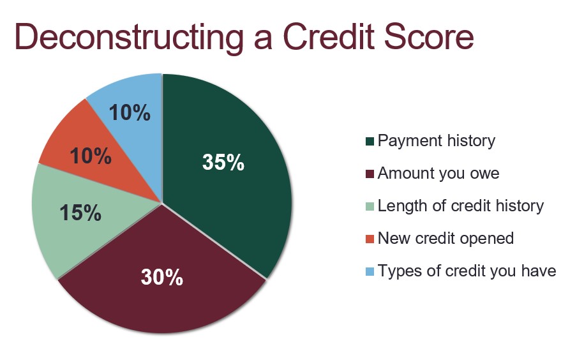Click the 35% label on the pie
(223, 162)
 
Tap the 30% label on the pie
(162, 278)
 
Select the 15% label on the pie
(80, 213)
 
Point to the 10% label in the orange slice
(91, 156)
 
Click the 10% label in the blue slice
(130, 112)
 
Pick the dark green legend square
(370, 142)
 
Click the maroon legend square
(370, 174)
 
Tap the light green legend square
(370, 207)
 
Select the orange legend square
(370, 239)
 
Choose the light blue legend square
(370, 272)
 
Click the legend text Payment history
(437, 141)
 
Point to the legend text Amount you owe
(438, 174)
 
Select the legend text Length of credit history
(461, 206)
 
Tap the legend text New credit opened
(446, 239)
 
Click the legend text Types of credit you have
(467, 271)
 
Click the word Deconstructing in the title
(129, 37)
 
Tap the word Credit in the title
(329, 36)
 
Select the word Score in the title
(429, 36)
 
